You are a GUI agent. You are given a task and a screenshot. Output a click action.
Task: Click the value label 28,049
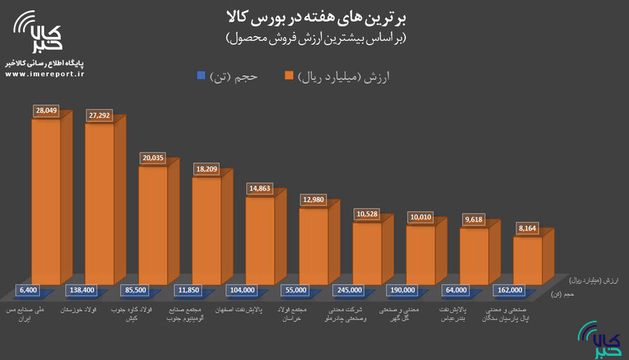tap(47, 110)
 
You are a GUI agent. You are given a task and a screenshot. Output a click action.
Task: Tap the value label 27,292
tap(101, 115)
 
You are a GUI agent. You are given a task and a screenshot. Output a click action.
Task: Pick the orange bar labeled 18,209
tap(206, 231)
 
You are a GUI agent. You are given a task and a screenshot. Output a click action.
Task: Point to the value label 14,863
tap(260, 189)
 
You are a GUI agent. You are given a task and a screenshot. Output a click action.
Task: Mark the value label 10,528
tap(368, 215)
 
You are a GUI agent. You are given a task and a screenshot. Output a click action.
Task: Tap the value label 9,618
tap(474, 219)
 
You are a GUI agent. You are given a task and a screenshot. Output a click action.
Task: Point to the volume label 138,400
tap(85, 289)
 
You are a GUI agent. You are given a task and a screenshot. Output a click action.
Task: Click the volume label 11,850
tap(191, 289)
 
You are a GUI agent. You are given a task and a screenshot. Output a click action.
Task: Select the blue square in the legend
tap(201, 75)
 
